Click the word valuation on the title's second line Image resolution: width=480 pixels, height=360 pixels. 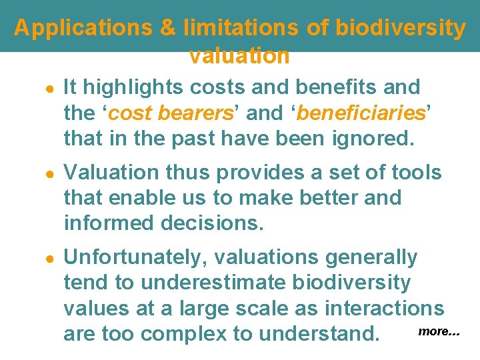239,56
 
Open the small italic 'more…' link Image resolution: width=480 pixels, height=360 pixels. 439,331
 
